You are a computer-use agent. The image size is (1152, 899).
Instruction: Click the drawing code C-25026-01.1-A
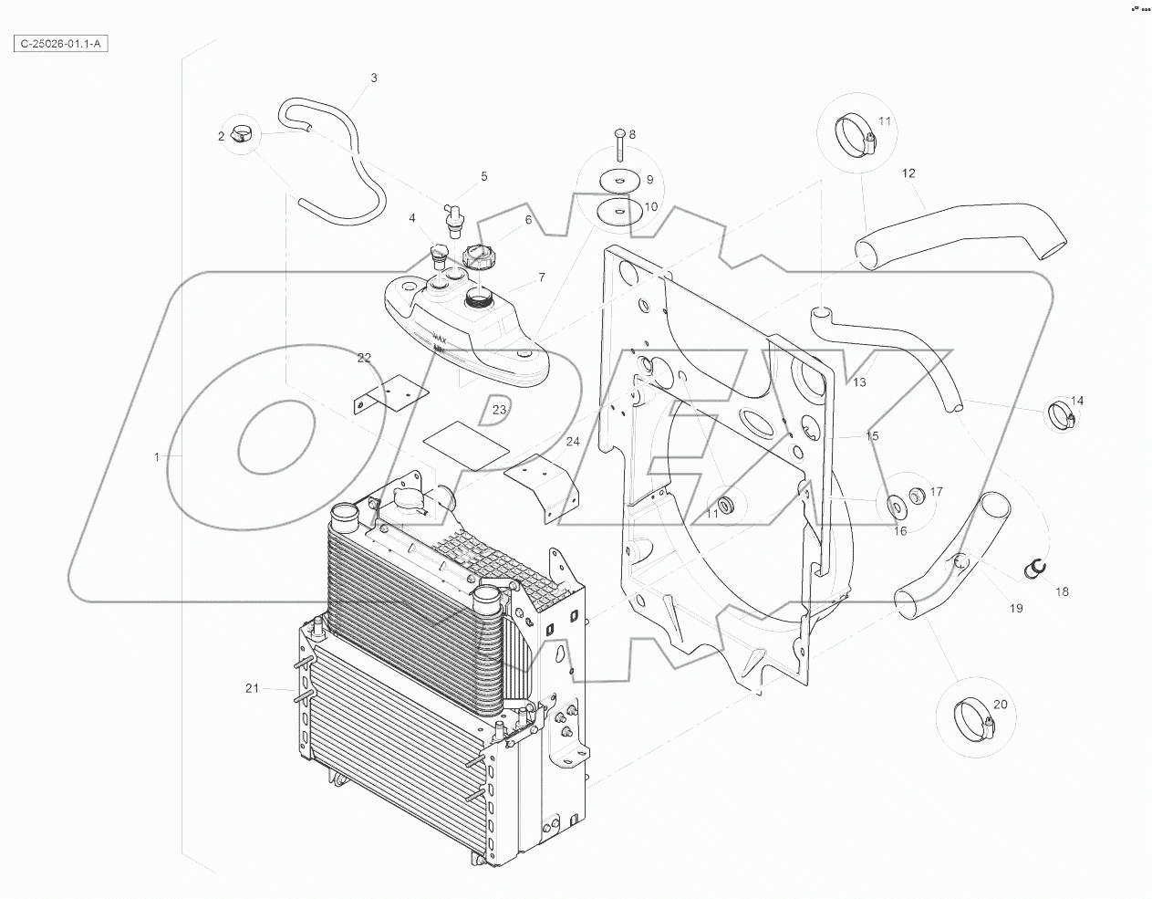(62, 43)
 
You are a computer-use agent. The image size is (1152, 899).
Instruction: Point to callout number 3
(373, 78)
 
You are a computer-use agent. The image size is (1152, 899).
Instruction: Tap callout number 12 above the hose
(908, 172)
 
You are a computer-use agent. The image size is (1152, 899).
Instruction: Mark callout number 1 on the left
(157, 455)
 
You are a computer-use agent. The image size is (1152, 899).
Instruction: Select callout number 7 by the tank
(542, 277)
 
